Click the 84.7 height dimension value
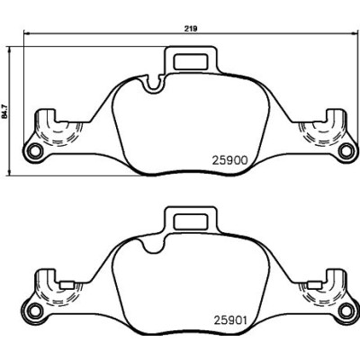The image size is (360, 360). coord(5,112)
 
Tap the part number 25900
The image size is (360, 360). coord(230,160)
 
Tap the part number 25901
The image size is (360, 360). coord(230,320)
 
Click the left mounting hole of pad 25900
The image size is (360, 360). coord(36,151)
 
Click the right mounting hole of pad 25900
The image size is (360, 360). coord(346,151)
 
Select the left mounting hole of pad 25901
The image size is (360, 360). coord(36,310)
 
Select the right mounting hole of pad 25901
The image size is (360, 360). coord(346,310)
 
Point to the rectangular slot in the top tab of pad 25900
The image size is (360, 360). coord(191,62)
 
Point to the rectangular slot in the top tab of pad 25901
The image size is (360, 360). coord(191,221)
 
